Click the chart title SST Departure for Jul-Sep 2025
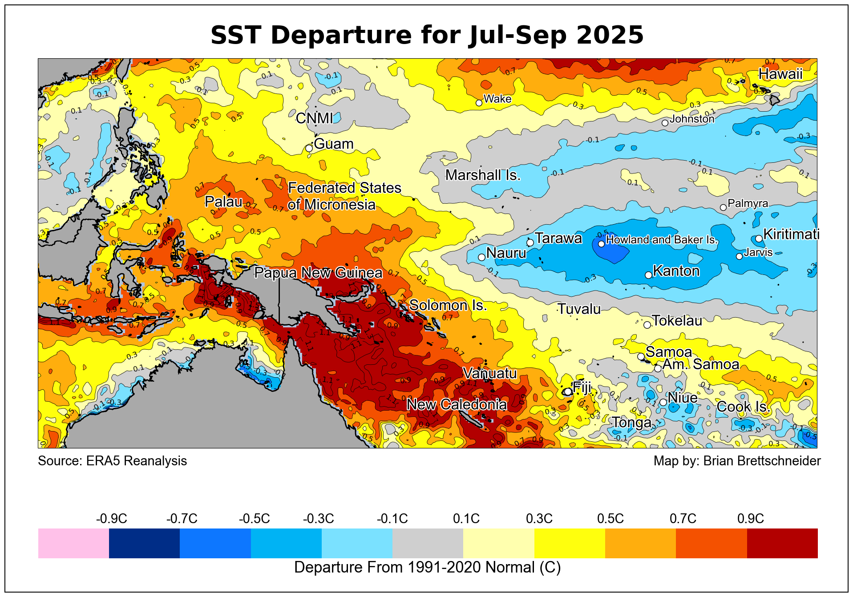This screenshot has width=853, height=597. click(427, 35)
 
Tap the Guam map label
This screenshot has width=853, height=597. click(334, 144)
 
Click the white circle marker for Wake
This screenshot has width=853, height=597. click(479, 103)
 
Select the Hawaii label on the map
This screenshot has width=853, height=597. click(780, 74)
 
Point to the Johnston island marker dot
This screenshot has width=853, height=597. click(665, 123)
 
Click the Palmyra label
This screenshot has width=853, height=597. click(748, 203)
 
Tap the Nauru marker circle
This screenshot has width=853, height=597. click(481, 257)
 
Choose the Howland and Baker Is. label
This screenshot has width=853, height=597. click(662, 240)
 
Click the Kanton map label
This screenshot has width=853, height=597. click(676, 271)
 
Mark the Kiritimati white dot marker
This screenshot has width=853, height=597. click(759, 239)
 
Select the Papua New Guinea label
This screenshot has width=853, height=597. click(318, 273)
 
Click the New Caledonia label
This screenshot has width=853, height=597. click(457, 404)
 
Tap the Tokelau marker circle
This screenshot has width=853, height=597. click(647, 325)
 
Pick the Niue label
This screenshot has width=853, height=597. click(683, 398)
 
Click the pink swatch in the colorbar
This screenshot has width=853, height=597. click(73, 543)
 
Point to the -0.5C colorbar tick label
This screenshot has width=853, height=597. click(254, 519)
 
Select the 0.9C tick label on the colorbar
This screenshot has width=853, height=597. click(751, 519)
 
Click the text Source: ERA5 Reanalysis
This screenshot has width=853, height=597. click(113, 461)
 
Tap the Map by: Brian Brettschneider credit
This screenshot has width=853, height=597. click(737, 461)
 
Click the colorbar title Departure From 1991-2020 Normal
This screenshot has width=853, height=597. click(427, 568)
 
